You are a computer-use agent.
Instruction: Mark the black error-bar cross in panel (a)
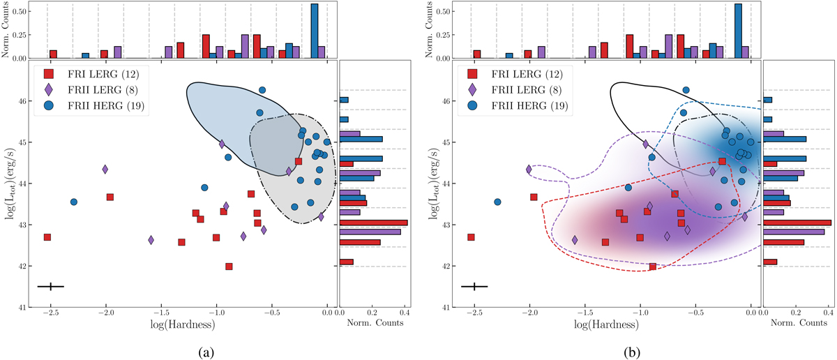51,286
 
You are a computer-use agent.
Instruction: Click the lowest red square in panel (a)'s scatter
229,267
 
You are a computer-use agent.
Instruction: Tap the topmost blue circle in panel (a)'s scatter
262,90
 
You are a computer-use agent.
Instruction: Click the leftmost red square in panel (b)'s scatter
471,237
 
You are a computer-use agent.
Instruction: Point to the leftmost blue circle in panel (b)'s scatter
497,202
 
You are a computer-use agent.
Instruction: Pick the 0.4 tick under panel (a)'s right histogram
404,316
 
